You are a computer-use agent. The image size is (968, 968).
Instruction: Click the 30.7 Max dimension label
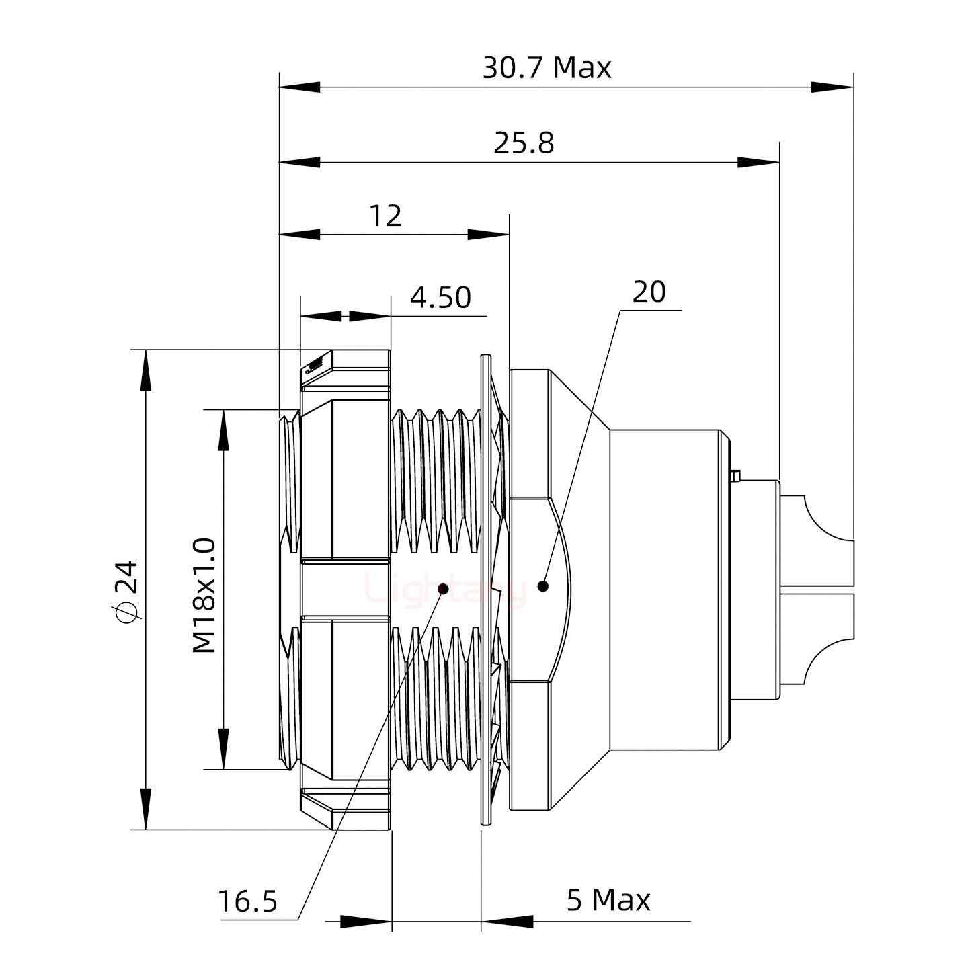(x=547, y=68)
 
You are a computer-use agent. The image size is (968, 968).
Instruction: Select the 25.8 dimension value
(x=524, y=143)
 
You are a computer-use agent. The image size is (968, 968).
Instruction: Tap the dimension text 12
(x=385, y=216)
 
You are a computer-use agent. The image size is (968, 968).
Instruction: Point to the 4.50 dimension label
(x=440, y=297)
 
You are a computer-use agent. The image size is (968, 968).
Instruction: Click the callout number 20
(x=649, y=292)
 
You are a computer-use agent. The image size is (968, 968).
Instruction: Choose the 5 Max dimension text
(x=608, y=900)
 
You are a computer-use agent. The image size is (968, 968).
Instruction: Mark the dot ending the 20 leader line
(x=543, y=586)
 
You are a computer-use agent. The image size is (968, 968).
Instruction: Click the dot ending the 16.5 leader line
(x=443, y=590)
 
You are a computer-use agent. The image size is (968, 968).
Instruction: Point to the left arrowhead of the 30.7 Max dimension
(x=299, y=87)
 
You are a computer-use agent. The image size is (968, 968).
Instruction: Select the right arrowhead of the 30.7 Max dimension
(x=833, y=87)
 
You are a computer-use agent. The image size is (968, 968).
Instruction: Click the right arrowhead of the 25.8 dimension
(x=759, y=162)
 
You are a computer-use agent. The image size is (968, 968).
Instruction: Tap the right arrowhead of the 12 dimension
(x=489, y=235)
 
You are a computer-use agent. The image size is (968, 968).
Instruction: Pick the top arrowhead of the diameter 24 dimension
(x=145, y=369)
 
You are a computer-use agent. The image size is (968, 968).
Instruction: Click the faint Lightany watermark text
(x=444, y=591)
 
